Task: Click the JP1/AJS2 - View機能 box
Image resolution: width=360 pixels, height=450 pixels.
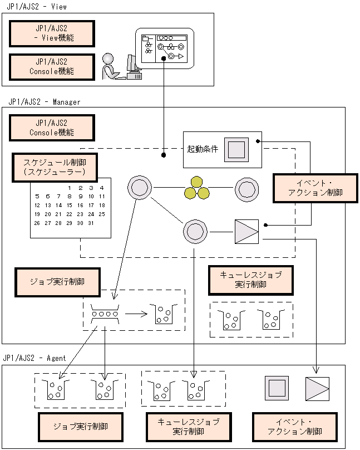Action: tap(51, 34)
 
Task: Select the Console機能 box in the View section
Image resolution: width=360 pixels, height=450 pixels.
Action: tap(51, 67)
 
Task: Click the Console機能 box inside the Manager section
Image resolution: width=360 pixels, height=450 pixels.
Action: tap(51, 128)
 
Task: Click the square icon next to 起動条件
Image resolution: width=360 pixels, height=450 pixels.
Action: tap(236, 149)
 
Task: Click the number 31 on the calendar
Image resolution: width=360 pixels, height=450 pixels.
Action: tap(91, 223)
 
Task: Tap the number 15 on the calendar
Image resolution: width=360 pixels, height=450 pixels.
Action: tap(69, 205)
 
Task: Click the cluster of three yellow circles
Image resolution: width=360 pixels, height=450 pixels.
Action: tap(196, 188)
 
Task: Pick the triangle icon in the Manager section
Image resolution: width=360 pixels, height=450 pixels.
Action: tap(246, 231)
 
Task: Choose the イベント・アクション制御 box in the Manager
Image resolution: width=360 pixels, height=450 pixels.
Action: tap(315, 188)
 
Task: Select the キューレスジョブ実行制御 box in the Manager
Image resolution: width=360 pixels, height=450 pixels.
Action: tap(250, 280)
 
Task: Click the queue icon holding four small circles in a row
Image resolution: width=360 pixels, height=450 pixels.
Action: tap(105, 315)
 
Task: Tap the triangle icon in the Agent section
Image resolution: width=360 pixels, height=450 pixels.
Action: tap(317, 389)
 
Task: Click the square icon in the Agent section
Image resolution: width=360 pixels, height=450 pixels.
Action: tap(277, 389)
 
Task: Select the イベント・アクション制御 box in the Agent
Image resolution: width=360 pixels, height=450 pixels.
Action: tap(294, 427)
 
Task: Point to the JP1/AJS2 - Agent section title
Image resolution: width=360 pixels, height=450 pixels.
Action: tap(34, 358)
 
